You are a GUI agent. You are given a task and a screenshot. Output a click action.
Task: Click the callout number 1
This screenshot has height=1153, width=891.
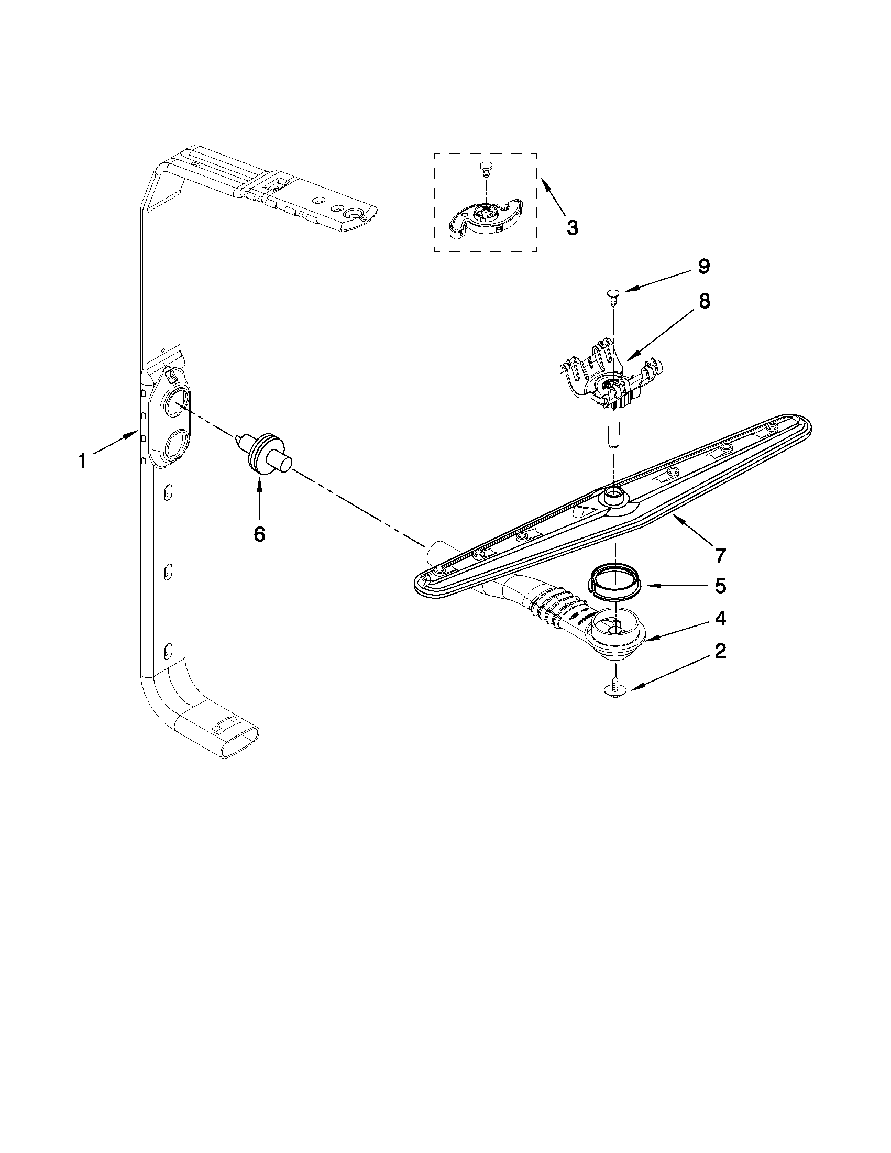pyautogui.click(x=82, y=462)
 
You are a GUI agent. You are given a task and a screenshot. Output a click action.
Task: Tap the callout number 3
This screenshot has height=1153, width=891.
pyautogui.click(x=572, y=228)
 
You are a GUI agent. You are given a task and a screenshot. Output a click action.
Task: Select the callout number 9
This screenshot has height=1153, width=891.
pyautogui.click(x=704, y=267)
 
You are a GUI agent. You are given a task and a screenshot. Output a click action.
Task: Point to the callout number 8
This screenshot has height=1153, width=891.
pyautogui.click(x=704, y=301)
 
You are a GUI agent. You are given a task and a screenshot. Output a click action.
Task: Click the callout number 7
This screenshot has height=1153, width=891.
pyautogui.click(x=721, y=555)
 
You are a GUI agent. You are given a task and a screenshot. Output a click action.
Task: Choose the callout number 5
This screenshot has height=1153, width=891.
pyautogui.click(x=720, y=586)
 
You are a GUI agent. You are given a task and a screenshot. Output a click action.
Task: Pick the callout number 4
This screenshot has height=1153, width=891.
pyautogui.click(x=720, y=619)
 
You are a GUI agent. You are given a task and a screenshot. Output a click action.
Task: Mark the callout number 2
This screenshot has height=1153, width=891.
pyautogui.click(x=720, y=652)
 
